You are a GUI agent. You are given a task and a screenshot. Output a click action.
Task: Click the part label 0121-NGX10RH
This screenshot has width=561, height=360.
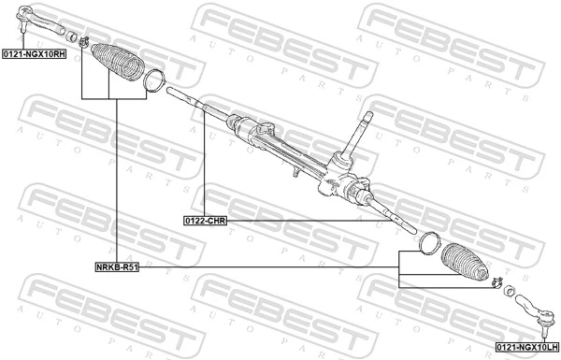33,55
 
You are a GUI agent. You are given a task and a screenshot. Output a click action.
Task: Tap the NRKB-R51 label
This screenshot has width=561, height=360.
117,266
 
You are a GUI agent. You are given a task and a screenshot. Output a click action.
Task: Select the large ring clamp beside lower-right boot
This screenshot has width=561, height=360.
428,242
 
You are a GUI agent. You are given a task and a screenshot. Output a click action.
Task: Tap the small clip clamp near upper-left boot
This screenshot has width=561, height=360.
85,40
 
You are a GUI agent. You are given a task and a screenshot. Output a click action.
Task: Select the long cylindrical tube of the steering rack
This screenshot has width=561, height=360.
271,140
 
